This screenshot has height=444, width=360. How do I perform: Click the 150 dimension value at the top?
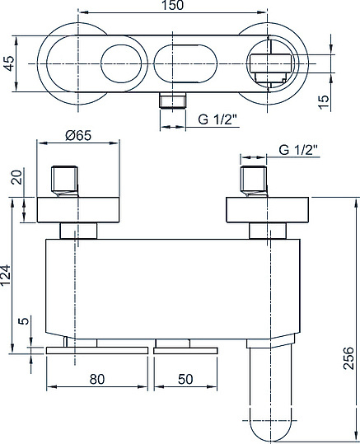click(172, 6)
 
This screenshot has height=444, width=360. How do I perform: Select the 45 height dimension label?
click(9, 63)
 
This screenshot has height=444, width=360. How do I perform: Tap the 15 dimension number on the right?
click(325, 101)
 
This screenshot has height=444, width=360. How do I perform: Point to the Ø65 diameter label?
click(78, 136)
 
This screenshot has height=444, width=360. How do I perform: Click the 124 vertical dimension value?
click(6, 275)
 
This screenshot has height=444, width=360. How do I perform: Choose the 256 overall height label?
click(349, 358)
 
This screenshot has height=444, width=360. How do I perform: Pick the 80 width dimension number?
click(97, 379)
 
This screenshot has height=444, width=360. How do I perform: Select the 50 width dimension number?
click(185, 379)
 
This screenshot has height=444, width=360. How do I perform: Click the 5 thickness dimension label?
click(24, 321)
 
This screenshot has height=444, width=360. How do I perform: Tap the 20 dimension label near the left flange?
click(17, 177)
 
